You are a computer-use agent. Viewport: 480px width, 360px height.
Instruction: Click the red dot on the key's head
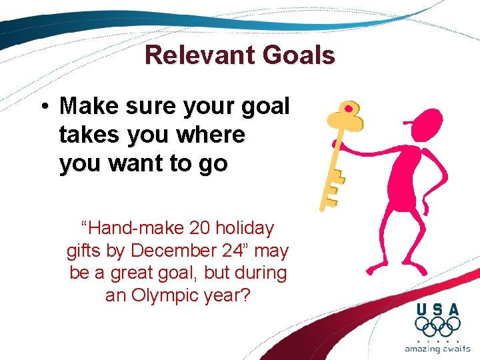pos(347,108)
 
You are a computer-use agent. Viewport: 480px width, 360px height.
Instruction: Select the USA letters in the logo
pos(437,309)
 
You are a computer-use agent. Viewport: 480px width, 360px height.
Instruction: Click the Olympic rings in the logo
pos(437,327)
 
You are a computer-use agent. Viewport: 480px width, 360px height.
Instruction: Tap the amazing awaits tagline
pos(437,349)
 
